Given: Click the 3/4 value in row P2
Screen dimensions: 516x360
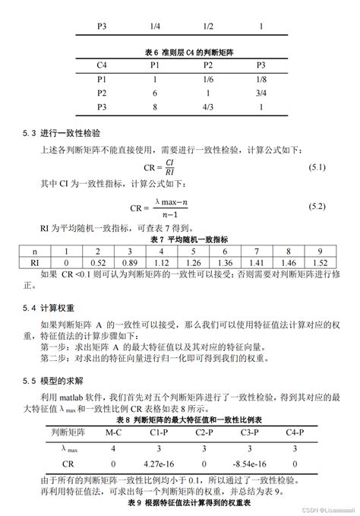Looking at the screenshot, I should tap(261, 93).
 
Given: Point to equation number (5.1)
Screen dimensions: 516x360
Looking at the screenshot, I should tap(316, 166).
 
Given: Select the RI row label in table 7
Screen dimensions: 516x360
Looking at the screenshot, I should tap(34, 262).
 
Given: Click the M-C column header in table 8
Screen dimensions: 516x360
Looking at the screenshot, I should tap(113, 432).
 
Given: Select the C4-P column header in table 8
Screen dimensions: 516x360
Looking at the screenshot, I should tap(295, 432).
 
